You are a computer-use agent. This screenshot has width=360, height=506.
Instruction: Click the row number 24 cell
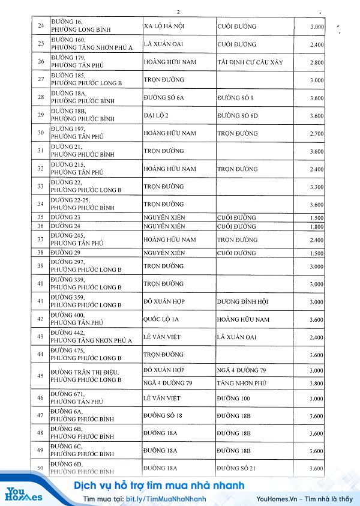[41, 27]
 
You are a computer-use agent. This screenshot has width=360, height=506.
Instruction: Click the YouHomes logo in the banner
[24, 493]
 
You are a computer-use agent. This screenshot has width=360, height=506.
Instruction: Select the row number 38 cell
[41, 253]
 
